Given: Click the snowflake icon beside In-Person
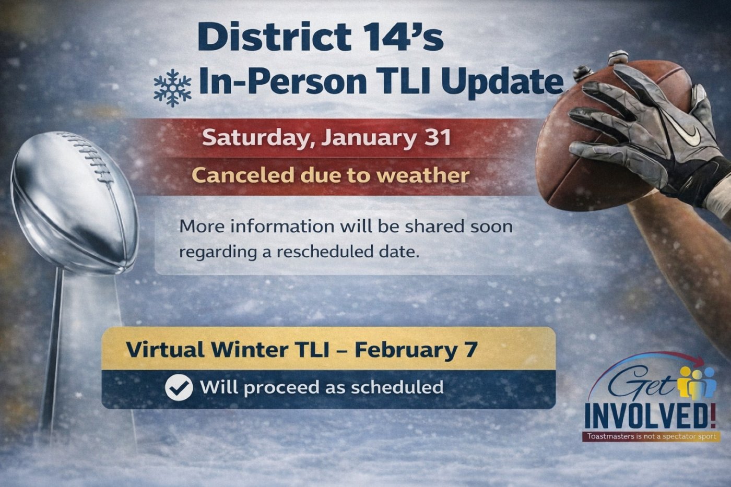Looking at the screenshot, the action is click(x=172, y=88).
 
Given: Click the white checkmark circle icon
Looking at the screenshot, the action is click(x=179, y=387).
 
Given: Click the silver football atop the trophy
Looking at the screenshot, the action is click(x=74, y=202).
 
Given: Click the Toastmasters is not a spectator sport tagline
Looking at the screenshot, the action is click(x=652, y=436).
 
